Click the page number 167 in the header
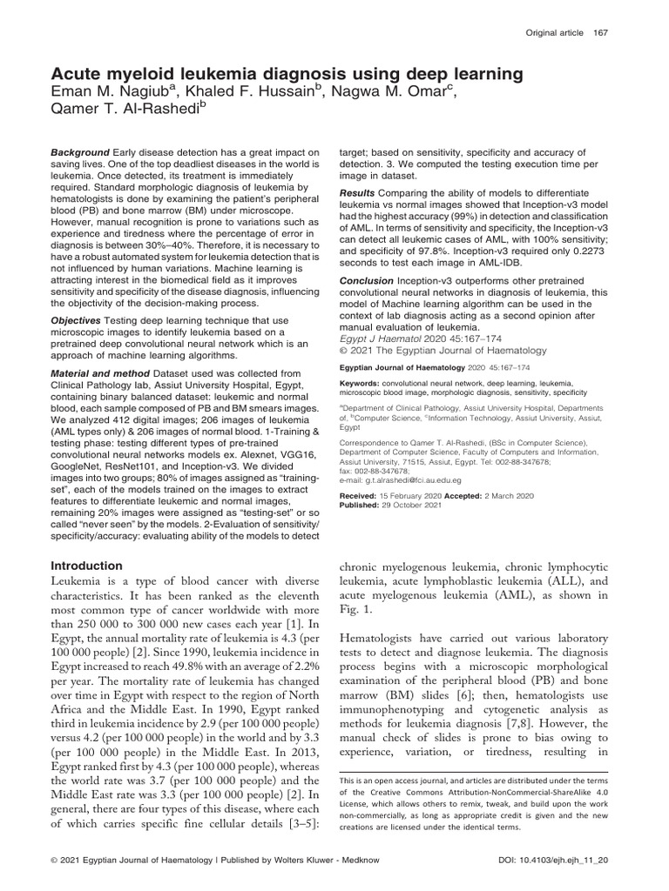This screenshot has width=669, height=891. tap(598, 32)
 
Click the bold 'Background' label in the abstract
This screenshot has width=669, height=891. tap(80, 152)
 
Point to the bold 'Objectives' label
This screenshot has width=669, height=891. tap(77, 321)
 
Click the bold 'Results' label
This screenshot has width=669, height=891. tap(356, 191)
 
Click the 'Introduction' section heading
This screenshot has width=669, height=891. tap(86, 566)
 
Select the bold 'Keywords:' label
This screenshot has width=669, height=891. tap(360, 382)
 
